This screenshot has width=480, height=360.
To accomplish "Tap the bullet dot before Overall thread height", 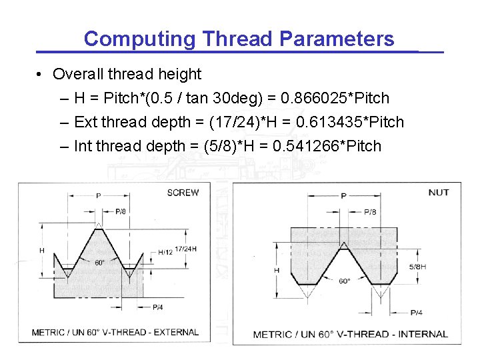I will pos(41,74).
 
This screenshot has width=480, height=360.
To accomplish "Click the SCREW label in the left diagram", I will pos(183,193).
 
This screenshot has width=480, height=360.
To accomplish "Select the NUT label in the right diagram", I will pos(438,193).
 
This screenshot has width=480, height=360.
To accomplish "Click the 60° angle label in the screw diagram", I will pos(99,263).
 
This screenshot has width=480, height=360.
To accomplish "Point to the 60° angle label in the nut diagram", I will pos(344,281).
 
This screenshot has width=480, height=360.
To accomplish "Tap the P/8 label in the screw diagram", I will pos(121,211).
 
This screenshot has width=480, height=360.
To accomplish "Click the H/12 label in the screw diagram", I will pos(165,252).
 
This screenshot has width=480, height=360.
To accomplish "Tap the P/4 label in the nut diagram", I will pos(416,313).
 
